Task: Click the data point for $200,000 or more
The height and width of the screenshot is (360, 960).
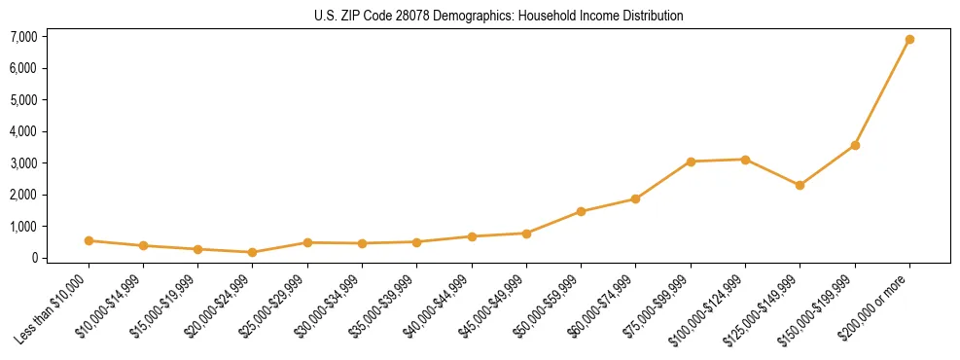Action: (x=909, y=40)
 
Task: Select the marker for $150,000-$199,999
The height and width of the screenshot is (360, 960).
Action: (x=855, y=145)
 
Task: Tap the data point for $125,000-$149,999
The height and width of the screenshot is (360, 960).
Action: (x=800, y=185)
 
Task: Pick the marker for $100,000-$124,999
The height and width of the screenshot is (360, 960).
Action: (x=745, y=160)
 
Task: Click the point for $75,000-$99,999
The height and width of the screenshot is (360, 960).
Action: (x=691, y=162)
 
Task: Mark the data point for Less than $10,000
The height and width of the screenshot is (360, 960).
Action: (x=89, y=240)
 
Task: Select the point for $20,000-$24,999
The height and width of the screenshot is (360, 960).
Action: (x=253, y=252)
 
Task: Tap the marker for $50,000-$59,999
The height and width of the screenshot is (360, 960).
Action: (x=581, y=211)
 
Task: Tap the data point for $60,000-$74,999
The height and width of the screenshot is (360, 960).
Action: (x=635, y=198)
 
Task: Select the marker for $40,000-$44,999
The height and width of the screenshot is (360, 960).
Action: (x=472, y=236)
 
